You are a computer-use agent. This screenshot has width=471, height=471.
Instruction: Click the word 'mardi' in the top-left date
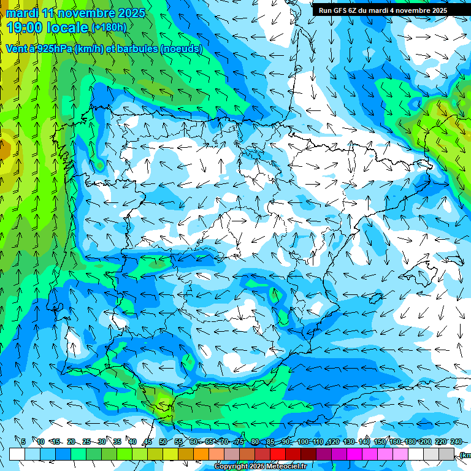tap(21, 13)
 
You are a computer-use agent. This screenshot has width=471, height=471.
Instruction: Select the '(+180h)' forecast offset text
tap(109, 28)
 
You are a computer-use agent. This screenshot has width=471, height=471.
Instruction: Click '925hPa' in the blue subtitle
tap(53, 49)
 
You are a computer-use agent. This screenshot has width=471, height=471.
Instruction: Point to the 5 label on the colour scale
tap(23, 442)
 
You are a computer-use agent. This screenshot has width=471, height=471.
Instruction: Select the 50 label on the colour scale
tap(163, 442)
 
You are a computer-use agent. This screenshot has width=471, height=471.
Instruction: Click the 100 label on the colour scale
tap(302, 442)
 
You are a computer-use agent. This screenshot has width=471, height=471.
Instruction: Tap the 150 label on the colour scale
tap(380, 442)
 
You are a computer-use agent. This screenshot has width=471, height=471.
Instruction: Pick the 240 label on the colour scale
tap(456, 442)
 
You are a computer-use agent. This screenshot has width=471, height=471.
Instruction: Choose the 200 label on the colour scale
tap(426, 442)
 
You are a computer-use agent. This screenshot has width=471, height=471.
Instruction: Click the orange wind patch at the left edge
tap(4, 148)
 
